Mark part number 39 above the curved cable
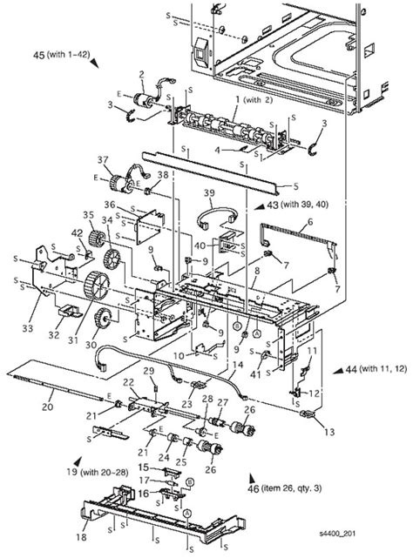[208, 192]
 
